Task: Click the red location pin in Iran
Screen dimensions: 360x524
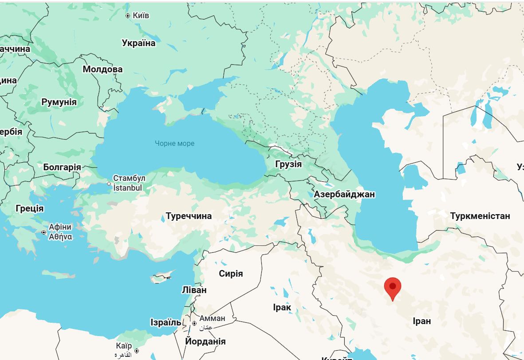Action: pos(393,287)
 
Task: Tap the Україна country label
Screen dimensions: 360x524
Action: pos(139,43)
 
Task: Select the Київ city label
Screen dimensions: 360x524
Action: pos(141,16)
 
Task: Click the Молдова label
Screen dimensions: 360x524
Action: pos(102,70)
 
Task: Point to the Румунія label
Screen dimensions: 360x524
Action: pos(59,102)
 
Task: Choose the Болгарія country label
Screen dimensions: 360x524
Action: pos(62,167)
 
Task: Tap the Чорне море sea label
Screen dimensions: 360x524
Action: pos(174,143)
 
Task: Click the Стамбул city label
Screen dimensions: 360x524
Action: pos(129,178)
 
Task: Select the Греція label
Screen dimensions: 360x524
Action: pos(30,208)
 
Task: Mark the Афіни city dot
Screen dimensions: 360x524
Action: pos(43,232)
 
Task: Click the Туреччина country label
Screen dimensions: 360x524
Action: pos(189,216)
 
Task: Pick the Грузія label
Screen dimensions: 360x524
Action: pos(288,164)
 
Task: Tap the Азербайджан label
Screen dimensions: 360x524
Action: pos(344,194)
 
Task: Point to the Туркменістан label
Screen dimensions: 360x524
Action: pos(480,216)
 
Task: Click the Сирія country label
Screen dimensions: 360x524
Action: pos(231,274)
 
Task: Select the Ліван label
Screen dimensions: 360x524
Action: pos(194,290)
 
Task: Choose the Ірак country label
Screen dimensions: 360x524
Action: pos(282,307)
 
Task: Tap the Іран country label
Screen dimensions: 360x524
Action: pos(422,321)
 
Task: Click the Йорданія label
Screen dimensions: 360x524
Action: pos(205,342)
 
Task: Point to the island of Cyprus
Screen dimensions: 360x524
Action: pos(161,279)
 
